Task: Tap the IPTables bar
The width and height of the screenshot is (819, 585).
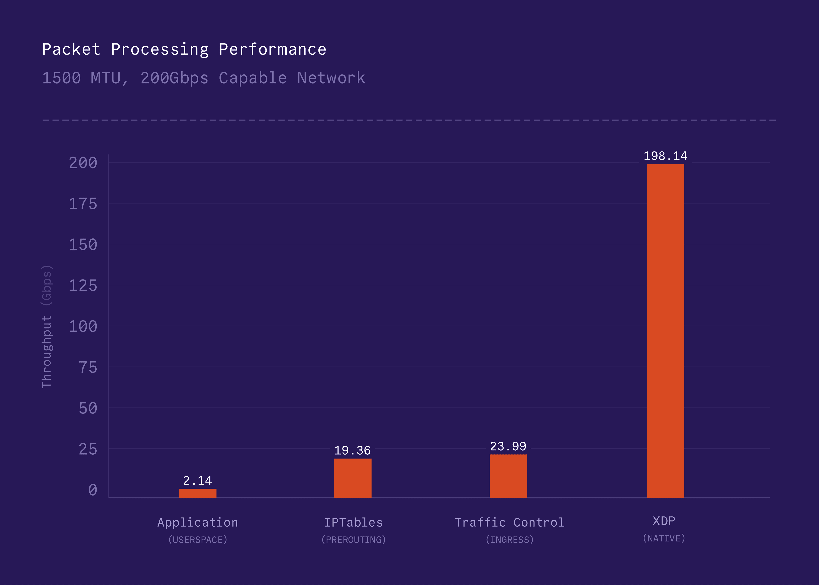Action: click(353, 478)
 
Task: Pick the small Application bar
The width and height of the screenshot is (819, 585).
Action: click(198, 493)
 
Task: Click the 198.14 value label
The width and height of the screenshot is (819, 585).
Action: click(665, 156)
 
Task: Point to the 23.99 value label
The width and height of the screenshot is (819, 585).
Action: click(508, 446)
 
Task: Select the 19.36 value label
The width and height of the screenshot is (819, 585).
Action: click(352, 450)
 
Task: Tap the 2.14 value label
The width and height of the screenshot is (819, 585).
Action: click(198, 481)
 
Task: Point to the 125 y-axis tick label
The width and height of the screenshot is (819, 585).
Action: click(83, 286)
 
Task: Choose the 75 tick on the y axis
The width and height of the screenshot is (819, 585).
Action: click(88, 367)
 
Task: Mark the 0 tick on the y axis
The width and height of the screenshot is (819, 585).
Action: click(93, 490)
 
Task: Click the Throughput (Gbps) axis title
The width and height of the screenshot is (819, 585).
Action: click(46, 326)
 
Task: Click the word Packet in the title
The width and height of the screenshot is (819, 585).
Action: click(71, 49)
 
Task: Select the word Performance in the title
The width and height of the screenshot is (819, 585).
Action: click(273, 49)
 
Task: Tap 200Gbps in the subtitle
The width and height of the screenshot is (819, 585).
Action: click(174, 78)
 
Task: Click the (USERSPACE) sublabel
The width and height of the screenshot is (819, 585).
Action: click(198, 540)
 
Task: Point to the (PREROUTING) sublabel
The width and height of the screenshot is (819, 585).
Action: click(353, 540)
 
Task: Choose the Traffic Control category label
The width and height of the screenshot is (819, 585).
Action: click(509, 522)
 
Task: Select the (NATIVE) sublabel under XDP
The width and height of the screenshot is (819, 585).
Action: click(664, 538)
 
